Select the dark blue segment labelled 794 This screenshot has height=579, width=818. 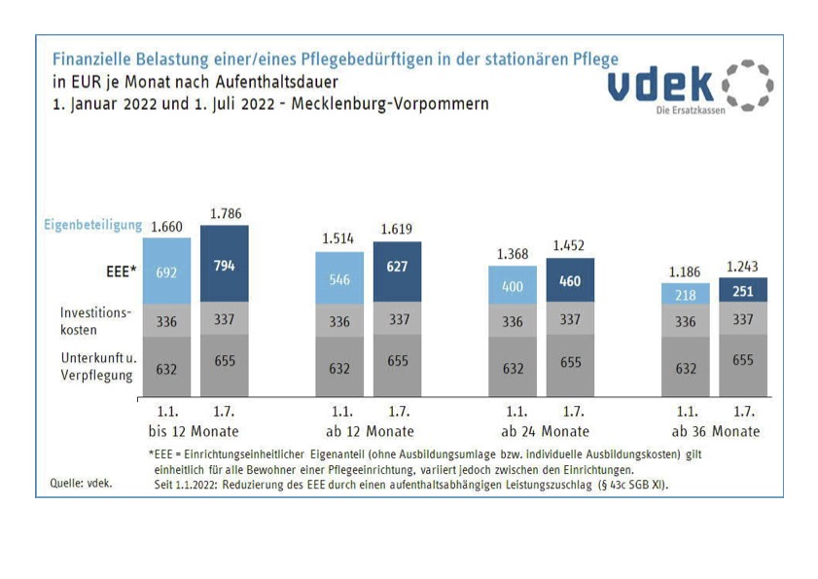pyautogui.click(x=225, y=266)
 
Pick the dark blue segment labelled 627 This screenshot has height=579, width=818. pyautogui.click(x=397, y=269)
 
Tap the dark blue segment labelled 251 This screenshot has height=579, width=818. pyautogui.click(x=742, y=291)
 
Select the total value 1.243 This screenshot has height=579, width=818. pyautogui.click(x=742, y=266)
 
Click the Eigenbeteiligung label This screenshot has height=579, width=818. pyautogui.click(x=92, y=225)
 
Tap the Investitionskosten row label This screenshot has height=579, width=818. pyautogui.click(x=96, y=321)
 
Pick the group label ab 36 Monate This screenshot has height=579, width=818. pyautogui.click(x=715, y=431)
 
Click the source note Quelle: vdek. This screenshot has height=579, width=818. pyautogui.click(x=81, y=483)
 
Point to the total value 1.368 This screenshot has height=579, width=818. pyautogui.click(x=512, y=254)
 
